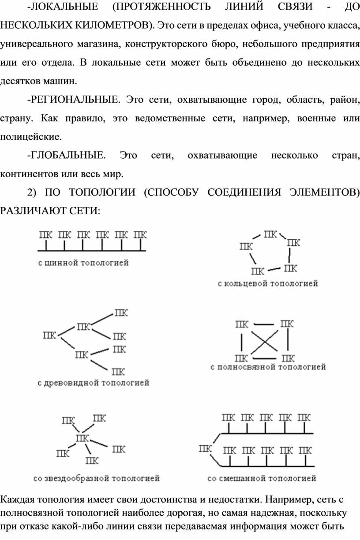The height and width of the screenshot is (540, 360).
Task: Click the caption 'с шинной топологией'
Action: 83,263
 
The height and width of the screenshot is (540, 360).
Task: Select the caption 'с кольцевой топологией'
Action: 268,283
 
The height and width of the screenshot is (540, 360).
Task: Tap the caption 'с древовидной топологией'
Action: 94,383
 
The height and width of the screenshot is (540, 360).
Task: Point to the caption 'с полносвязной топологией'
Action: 268,367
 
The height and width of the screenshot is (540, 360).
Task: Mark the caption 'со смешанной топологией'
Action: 262,478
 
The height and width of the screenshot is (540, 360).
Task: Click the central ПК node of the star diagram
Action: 82,438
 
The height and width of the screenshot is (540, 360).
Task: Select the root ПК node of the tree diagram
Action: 49,335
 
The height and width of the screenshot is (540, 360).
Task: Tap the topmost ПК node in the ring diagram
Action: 270,234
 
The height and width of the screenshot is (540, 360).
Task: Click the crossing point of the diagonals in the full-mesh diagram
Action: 264,341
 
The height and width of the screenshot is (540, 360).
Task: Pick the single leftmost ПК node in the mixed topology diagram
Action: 205,449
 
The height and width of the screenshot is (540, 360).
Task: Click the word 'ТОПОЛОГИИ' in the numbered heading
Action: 102,192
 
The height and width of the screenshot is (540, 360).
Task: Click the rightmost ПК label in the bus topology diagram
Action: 140,235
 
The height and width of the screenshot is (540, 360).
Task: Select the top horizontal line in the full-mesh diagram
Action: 264,324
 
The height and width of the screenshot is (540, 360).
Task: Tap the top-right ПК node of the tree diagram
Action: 121,313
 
